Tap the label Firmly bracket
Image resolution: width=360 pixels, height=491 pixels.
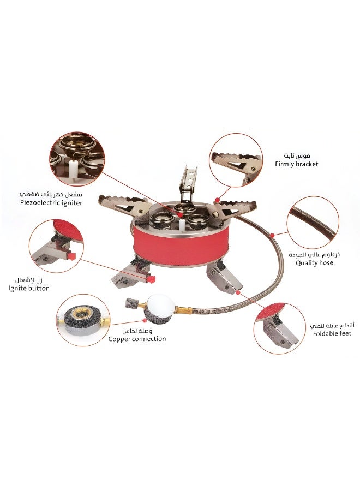point(297,164)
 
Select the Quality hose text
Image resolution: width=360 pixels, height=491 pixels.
point(314,262)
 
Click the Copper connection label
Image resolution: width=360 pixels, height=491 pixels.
point(137,339)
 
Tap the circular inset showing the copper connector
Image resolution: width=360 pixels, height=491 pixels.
point(83,319)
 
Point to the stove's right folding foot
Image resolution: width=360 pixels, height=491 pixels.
point(224,276)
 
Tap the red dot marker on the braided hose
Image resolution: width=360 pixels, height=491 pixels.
point(271,235)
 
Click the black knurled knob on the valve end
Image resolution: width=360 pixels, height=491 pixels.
point(131,303)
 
